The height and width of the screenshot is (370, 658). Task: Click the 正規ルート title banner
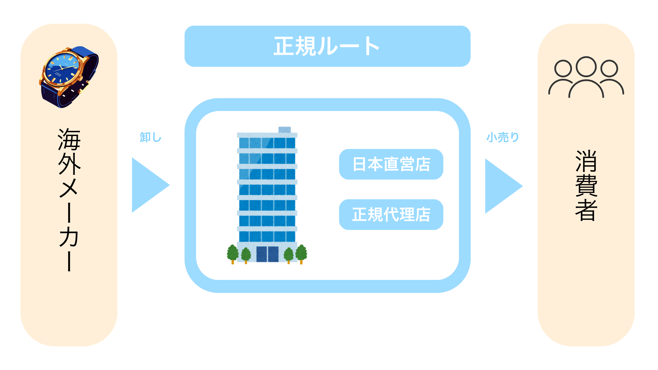[327, 46]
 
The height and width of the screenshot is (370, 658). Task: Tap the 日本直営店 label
[391, 164]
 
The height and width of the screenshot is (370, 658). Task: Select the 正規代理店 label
[391, 214]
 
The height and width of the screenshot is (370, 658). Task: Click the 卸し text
[150, 137]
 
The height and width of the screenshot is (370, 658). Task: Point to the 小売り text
[503, 137]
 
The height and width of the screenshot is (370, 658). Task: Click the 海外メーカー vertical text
[69, 199]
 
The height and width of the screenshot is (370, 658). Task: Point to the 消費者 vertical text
[586, 185]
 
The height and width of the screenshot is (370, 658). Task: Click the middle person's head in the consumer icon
[586, 66]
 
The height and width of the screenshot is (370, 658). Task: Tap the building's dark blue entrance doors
[267, 254]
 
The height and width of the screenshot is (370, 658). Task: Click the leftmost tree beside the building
[233, 253]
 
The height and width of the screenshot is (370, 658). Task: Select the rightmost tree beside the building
[301, 253]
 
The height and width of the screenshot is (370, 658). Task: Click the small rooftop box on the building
[284, 129]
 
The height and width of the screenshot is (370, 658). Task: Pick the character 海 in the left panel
[69, 139]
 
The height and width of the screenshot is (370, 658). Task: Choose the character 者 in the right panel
[586, 210]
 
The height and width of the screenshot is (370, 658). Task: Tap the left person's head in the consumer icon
[563, 69]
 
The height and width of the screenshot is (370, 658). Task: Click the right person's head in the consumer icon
[609, 69]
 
